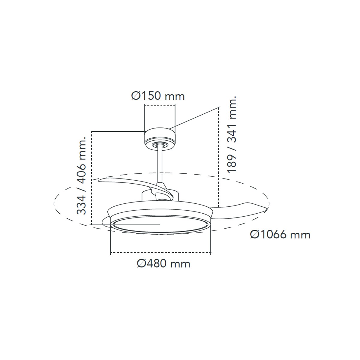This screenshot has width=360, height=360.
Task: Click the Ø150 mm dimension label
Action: point(158,96)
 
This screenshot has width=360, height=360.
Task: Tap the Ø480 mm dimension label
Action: point(164,264)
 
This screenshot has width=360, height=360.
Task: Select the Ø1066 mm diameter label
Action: point(280,234)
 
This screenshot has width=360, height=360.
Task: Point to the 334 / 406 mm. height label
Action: point(82,175)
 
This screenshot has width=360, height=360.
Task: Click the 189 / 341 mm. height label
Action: point(232,134)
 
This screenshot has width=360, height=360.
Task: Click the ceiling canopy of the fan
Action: point(160,139)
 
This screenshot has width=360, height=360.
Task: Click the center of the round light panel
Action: point(161,225)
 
